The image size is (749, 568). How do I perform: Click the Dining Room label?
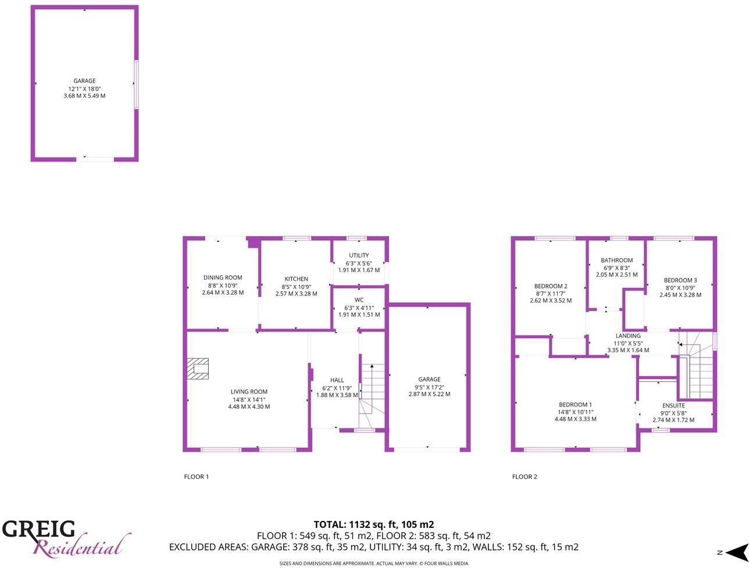tap(223, 278)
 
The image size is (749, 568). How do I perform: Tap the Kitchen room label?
tap(296, 279)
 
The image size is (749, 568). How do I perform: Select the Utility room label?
tap(359, 256)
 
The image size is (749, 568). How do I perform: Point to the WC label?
tap(359, 300)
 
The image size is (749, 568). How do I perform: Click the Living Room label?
tap(249, 392)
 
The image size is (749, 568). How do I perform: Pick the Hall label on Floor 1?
tap(337, 380)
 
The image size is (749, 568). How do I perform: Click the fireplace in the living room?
tap(198, 369)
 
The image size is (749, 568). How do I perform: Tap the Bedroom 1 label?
tap(575, 405)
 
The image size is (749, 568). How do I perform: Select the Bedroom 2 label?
tap(551, 286)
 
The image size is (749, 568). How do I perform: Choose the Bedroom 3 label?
tap(680, 280)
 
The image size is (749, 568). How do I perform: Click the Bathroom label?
tap(616, 260)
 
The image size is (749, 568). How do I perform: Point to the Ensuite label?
tap(673, 406)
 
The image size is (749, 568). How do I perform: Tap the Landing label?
tap(628, 336)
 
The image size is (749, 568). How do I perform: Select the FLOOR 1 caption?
tap(196, 477)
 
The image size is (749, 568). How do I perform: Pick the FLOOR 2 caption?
tap(525, 477)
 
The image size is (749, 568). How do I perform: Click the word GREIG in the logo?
tap(38, 529)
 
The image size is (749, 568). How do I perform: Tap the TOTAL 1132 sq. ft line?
tap(374, 524)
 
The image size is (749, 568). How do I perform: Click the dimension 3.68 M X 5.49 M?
tap(84, 96)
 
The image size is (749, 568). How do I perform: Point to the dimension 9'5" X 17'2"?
tap(429, 387)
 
